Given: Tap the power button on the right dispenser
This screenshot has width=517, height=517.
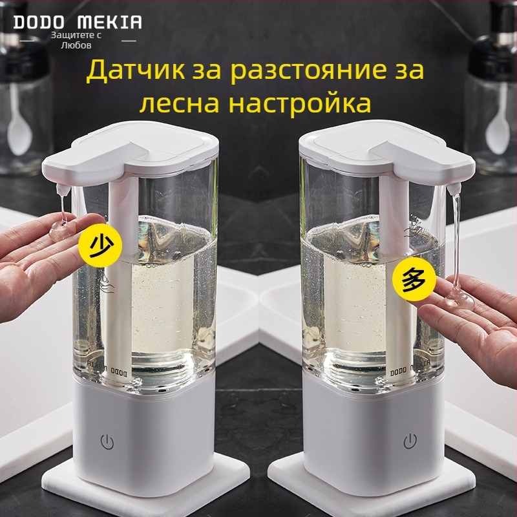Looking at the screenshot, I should (x=410, y=442).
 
